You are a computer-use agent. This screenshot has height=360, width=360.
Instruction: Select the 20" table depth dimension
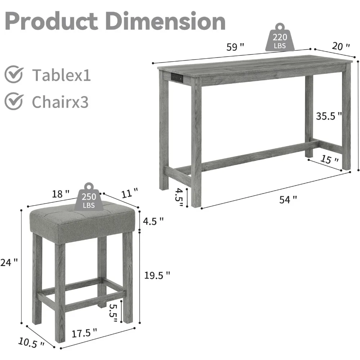(341, 46)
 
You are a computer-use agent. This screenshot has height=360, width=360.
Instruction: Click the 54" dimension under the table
(288, 199)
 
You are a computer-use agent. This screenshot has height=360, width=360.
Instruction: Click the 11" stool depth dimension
(129, 194)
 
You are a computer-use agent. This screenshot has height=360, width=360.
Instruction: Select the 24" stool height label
(9, 262)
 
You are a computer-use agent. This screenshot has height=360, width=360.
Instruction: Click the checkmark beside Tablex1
(14, 75)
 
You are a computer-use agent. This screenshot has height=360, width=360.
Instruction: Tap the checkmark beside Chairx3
(14, 102)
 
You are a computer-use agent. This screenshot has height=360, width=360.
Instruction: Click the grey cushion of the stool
(83, 223)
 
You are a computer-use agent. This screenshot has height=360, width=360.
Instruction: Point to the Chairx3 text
(60, 102)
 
